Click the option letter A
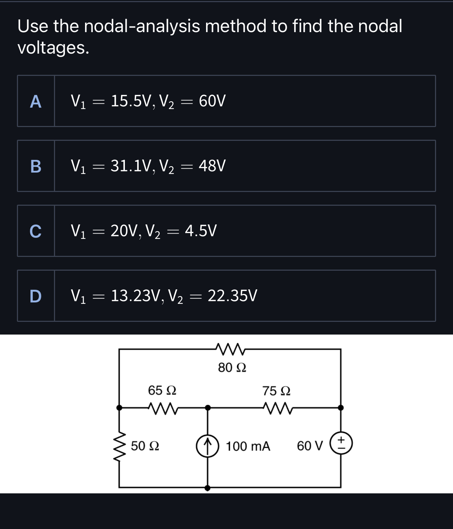click(x=36, y=102)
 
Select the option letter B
click(x=36, y=166)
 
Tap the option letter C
click(x=36, y=231)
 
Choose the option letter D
click(x=36, y=296)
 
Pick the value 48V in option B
click(x=212, y=166)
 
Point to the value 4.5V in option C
click(x=201, y=231)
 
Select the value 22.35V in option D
click(x=232, y=296)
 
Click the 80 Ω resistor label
click(x=232, y=368)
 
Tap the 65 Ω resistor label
click(x=162, y=390)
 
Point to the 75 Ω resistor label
click(x=276, y=391)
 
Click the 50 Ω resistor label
click(x=145, y=446)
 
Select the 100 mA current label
click(x=248, y=446)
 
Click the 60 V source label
click(x=310, y=446)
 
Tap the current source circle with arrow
click(x=207, y=446)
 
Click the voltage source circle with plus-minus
click(x=341, y=444)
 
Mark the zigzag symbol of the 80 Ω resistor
click(x=230, y=349)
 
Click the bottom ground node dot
click(x=207, y=488)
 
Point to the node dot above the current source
click(x=208, y=408)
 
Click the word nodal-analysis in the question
click(x=142, y=26)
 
